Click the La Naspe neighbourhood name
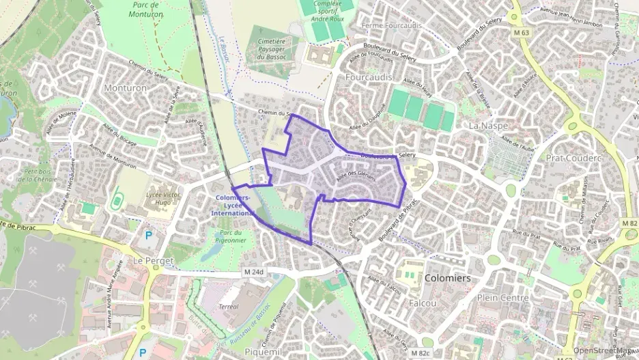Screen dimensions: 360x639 (486, 126)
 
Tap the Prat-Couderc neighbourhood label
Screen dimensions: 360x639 (573, 158)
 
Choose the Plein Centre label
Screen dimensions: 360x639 (502, 298)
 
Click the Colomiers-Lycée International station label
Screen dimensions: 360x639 (233, 205)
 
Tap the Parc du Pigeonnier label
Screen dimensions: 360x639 (232, 236)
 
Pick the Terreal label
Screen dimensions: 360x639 (229, 307)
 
